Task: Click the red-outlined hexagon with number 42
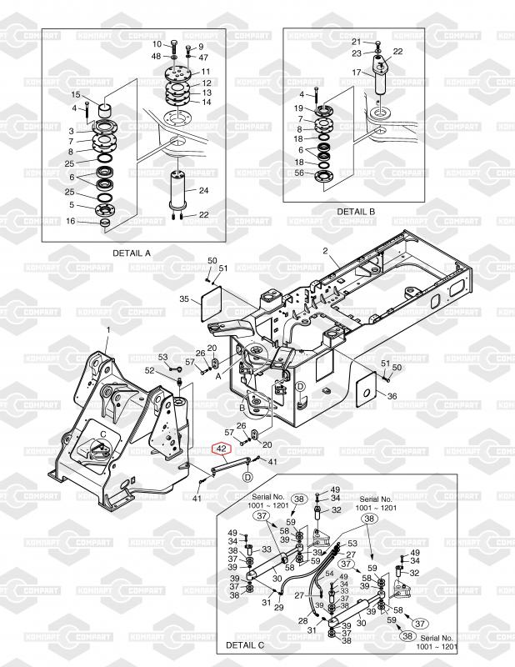(222, 449)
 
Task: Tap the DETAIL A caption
(132, 253)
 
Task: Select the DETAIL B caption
(356, 212)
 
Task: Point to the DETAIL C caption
(245, 645)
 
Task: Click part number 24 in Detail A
(203, 190)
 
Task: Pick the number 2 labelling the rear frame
(325, 251)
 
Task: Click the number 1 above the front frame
(108, 329)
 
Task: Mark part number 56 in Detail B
(299, 173)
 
